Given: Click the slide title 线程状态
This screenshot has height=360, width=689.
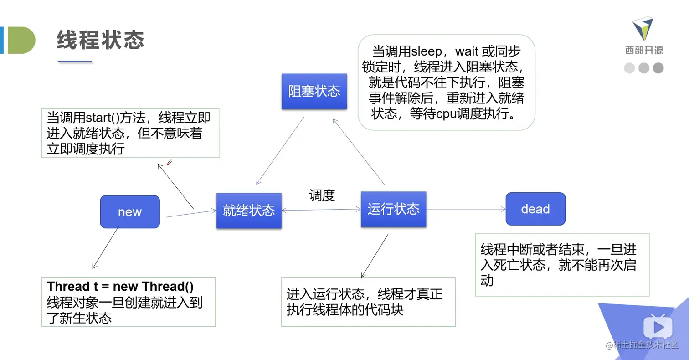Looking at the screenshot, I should [100, 41].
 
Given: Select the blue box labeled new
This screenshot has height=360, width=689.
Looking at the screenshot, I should [130, 212].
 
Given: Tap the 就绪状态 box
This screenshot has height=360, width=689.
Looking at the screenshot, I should [249, 211].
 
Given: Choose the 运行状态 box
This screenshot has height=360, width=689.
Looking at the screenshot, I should [393, 209].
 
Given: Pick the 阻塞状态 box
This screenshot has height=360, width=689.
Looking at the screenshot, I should [314, 91].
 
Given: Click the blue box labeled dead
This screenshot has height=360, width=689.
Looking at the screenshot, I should [535, 209].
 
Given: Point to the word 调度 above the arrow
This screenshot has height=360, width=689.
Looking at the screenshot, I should [322, 195].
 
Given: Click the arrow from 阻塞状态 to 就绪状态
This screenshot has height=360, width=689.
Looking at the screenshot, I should [280, 150].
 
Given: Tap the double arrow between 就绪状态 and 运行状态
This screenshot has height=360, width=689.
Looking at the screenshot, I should [321, 210].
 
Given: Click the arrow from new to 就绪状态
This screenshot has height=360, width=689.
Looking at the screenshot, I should [191, 213].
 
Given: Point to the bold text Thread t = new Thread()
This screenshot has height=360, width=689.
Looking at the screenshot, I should [121, 287].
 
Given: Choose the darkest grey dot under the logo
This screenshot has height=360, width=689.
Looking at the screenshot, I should [658, 68].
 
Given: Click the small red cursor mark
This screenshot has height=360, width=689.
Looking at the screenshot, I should [169, 162].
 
